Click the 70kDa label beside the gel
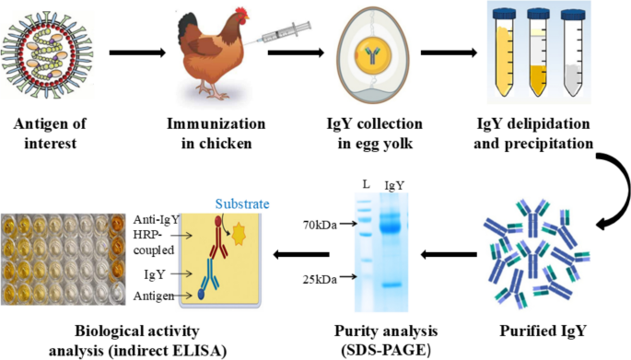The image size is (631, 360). click(x=320, y=223)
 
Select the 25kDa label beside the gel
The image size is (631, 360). click(x=320, y=277)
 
